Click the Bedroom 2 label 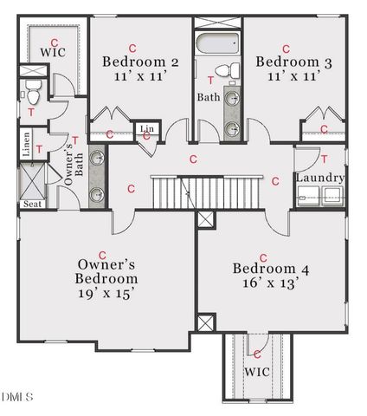pos(140,62)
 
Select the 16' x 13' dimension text pos(264,283)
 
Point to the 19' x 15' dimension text pos(106,294)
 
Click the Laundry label pos(319,179)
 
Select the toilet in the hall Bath pos(220,70)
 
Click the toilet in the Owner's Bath pos(31,89)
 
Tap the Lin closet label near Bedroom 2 pos(146,130)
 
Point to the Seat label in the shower pos(31,205)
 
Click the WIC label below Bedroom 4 pos(257,372)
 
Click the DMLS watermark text pos(17,397)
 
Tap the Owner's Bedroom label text pos(106,272)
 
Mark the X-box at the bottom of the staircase pos(205,219)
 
